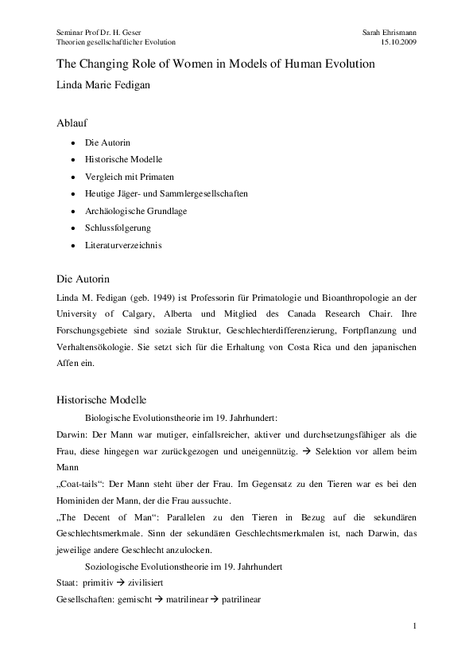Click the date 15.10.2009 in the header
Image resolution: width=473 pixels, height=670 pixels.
pos(400,41)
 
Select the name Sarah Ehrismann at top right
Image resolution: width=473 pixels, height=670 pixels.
pos(389,30)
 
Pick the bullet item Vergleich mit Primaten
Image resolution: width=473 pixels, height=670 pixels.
pos(129,176)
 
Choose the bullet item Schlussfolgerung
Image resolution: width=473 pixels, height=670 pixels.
pos(118,228)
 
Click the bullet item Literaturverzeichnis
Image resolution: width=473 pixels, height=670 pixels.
pos(123,245)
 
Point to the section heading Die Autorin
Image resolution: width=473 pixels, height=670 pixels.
pos(83,279)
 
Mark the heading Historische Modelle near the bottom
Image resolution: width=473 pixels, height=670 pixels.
pos(101,399)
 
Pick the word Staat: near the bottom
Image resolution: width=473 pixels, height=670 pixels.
pos(68,583)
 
